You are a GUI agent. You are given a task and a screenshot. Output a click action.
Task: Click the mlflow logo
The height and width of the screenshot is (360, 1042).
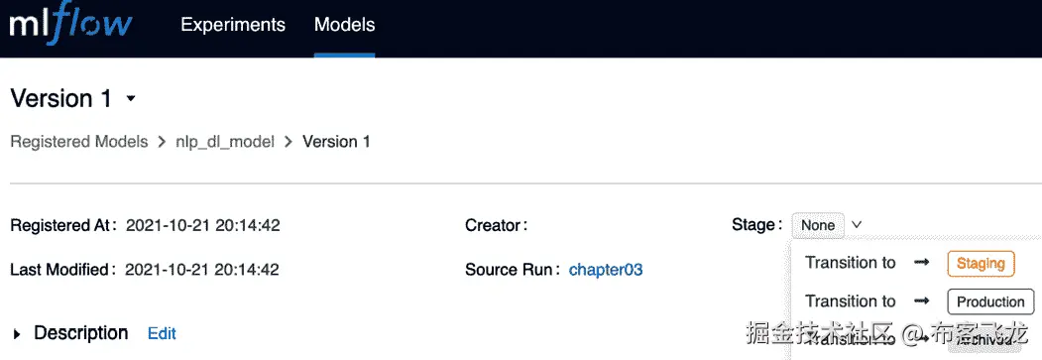coord(69,26)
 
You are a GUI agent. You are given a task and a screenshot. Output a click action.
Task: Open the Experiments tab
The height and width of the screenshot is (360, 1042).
coord(233,25)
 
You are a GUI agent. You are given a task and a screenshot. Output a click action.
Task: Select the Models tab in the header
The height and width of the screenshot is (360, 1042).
coord(345,25)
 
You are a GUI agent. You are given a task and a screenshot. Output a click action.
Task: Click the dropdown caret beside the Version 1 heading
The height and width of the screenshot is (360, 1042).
coord(131,99)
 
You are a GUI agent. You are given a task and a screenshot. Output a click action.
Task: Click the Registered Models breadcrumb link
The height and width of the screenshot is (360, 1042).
coord(79,142)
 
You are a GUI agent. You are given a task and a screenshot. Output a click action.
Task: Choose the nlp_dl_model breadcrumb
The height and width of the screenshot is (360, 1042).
coord(224,142)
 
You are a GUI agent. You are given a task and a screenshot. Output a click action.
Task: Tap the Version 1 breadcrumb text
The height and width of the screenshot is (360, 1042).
coord(336,142)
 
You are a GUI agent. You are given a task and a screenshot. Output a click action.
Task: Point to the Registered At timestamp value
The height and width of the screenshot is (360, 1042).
coord(203,225)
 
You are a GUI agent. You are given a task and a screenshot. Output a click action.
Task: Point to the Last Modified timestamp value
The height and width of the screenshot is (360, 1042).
coord(203,269)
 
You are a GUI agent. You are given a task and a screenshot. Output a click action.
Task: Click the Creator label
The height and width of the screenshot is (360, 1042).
coord(496,225)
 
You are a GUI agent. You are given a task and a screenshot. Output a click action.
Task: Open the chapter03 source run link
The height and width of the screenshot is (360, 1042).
coord(606,269)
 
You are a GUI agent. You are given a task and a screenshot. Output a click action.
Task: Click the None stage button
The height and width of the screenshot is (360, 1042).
coord(818,225)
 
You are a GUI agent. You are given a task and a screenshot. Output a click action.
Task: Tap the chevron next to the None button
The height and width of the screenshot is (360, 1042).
coord(857,225)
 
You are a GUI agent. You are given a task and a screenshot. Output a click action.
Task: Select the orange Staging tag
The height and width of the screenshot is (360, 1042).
coord(982,263)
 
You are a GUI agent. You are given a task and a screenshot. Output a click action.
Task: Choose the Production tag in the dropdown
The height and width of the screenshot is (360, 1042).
coord(990,301)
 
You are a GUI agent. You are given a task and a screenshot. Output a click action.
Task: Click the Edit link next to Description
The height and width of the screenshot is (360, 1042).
coord(162,333)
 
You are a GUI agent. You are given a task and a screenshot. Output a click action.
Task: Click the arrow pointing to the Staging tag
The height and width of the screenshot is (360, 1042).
coord(921,263)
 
